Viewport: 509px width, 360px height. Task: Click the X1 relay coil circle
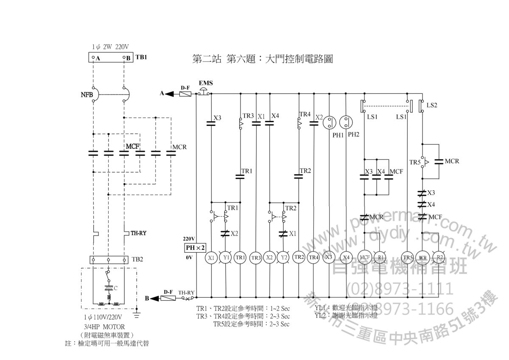211,257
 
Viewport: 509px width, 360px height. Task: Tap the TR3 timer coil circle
256,257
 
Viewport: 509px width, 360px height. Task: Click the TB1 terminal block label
141,57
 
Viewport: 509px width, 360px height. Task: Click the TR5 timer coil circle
408,257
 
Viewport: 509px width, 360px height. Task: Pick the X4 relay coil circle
346,257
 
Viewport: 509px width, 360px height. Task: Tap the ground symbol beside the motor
137,314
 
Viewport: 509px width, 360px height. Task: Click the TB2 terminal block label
137,259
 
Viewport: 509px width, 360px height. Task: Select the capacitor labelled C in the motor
109,288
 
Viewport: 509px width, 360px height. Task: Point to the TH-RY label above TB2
138,233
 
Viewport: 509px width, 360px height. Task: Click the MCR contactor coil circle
422,257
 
